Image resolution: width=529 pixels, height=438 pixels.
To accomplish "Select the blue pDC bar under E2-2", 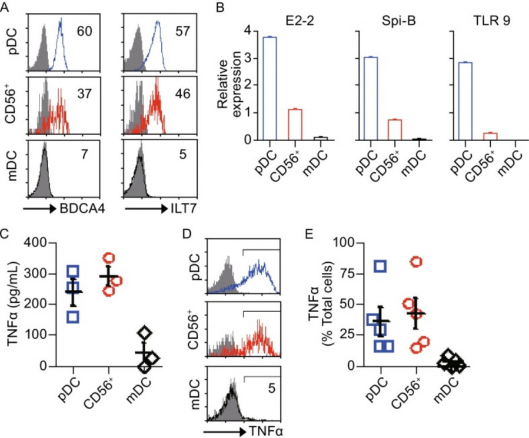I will (x=270, y=88).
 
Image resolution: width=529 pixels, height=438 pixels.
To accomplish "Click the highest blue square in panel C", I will (x=72, y=272).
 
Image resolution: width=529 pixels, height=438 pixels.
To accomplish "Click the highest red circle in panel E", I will (x=400, y=262).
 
